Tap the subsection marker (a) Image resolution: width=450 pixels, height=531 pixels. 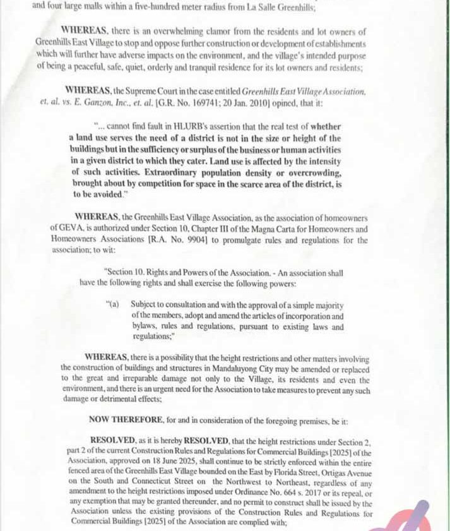[113, 304]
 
